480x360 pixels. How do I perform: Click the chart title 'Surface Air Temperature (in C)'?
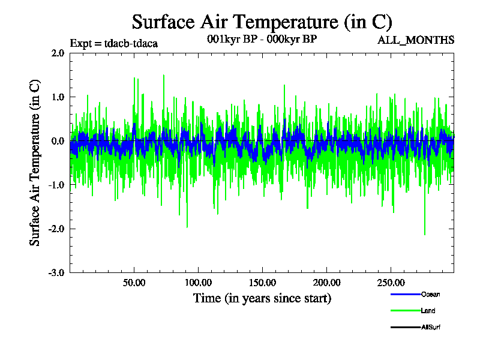tap(262, 22)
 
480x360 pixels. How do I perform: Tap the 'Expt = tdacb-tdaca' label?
tap(114, 43)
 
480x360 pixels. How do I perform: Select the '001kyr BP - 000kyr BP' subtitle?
tap(261, 39)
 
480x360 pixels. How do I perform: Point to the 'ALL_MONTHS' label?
tap(416, 40)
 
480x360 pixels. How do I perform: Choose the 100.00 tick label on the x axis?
tap(198, 283)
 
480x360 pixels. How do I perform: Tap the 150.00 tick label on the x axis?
tap(262, 283)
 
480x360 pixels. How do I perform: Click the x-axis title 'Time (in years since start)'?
tap(262, 298)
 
